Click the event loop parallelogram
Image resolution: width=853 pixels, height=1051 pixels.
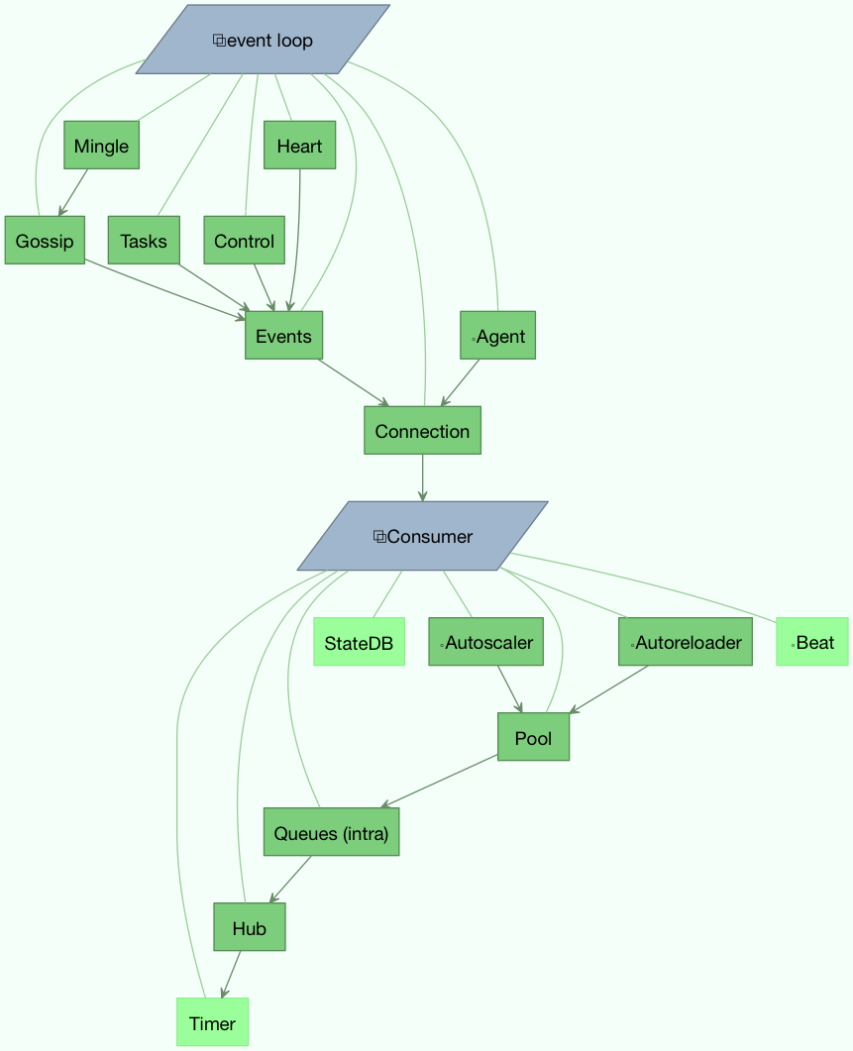263,40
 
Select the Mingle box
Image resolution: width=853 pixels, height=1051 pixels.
101,146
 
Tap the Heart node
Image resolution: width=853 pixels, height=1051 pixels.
299,146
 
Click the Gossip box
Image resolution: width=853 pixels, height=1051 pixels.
45,241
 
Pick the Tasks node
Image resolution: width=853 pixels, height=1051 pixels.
143,241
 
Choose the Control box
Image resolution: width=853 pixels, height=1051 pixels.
244,241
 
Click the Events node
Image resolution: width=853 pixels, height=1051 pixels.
283,336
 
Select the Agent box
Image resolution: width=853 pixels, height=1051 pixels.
497,336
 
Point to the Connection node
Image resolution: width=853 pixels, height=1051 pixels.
422,431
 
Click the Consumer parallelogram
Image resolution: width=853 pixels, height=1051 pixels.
422,536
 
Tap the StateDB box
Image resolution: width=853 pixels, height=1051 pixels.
359,643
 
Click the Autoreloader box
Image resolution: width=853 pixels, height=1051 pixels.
685,642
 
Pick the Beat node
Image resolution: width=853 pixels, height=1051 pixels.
812,643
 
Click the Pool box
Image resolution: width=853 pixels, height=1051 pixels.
533,737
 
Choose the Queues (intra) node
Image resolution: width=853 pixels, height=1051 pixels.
331,832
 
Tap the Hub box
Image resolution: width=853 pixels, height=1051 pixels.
249,927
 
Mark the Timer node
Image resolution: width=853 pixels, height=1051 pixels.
212,1022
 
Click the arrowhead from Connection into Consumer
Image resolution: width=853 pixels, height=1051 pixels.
422,495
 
